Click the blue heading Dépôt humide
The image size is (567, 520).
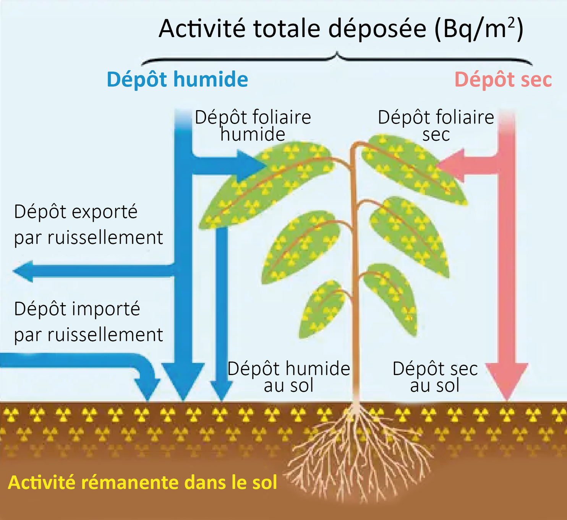177,80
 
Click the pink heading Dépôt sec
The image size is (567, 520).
503,80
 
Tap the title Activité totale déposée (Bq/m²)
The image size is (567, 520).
340,29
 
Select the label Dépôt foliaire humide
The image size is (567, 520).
253,125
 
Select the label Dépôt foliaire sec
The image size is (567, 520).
436,125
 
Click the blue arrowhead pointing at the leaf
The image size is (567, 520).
250,166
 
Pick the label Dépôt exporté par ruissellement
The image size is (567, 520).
88,224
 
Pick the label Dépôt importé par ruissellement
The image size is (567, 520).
88,322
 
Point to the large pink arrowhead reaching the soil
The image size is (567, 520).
507,380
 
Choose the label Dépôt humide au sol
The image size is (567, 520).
288,377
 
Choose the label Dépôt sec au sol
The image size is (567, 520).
435,377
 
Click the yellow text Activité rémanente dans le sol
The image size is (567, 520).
143,483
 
